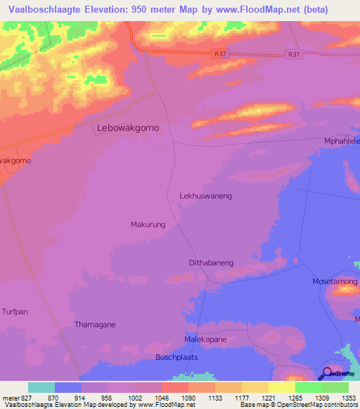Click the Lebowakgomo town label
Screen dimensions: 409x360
[127, 129]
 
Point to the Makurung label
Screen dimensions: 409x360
[148, 225]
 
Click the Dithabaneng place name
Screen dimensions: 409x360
[211, 263]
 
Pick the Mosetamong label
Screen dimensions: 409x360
[335, 281]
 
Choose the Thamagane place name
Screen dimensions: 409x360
[95, 325]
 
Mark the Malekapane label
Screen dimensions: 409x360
[205, 339]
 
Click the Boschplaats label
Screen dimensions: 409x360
[176, 358]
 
